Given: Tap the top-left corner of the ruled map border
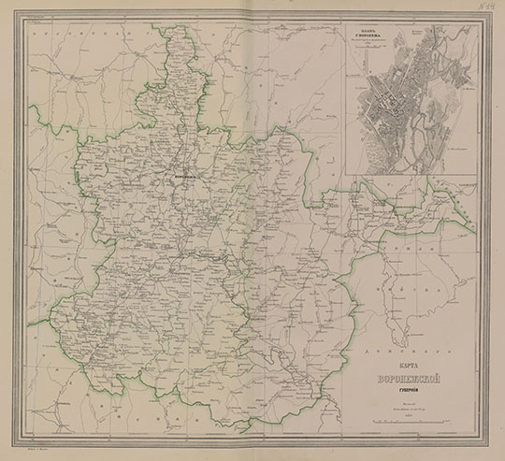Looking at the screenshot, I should click(x=25, y=21).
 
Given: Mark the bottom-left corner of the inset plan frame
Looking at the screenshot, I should click(x=345, y=176).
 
